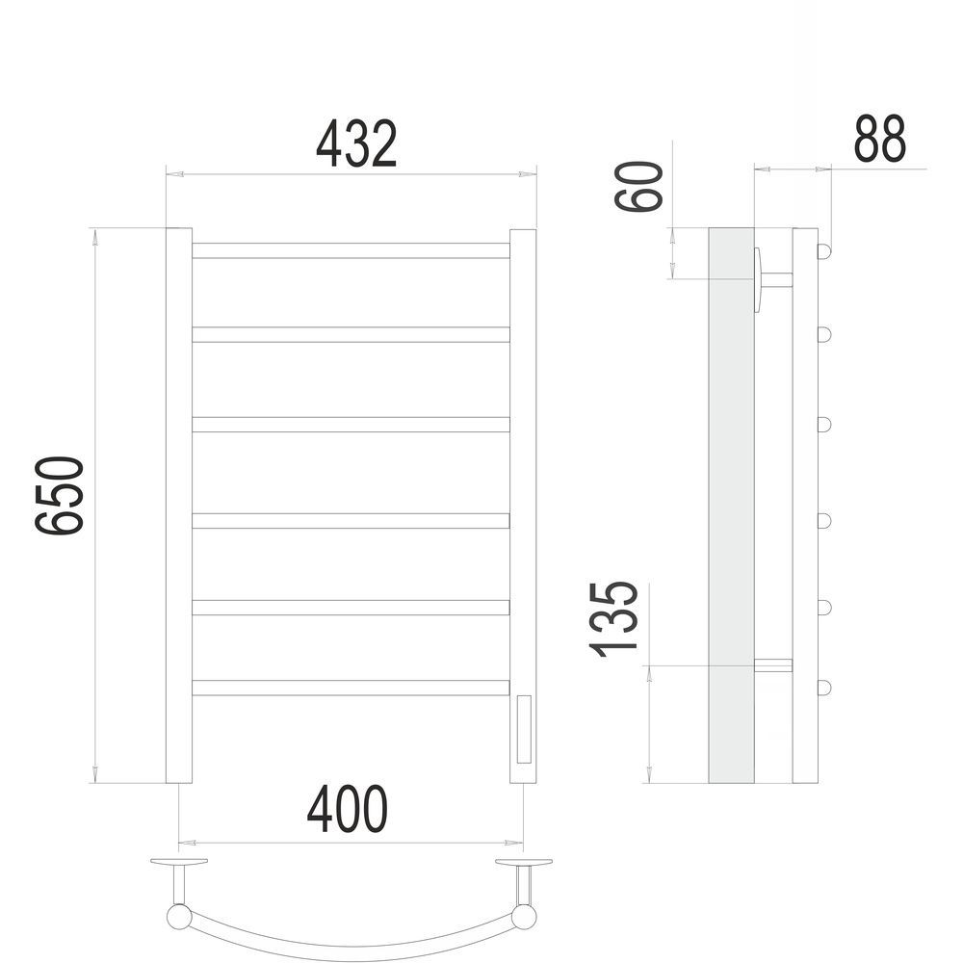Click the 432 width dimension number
(356, 144)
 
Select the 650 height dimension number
(59, 496)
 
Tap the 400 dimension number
(348, 809)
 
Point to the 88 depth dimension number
(879, 139)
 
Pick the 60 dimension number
(639, 186)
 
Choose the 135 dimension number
(614, 619)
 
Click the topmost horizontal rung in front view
(351, 250)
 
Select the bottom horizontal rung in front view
(351, 688)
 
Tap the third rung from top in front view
(351, 425)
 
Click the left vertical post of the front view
(179, 506)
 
